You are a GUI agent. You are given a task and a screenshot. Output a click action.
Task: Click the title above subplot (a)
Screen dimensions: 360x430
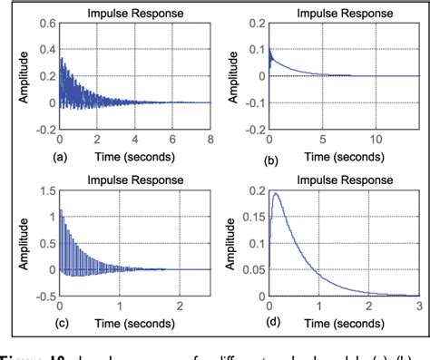point(135,14)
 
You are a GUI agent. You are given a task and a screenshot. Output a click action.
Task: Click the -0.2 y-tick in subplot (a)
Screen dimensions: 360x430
point(44,130)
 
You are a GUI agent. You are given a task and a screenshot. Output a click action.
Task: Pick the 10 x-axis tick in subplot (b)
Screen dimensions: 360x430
point(378,140)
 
